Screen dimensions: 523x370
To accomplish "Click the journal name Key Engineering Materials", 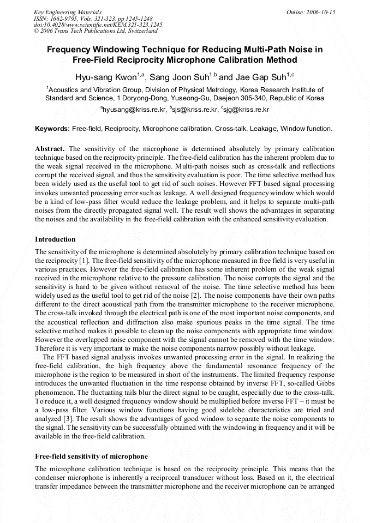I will pyautogui.click(x=68, y=12).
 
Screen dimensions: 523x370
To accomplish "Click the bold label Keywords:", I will pyautogui.click(x=52, y=129).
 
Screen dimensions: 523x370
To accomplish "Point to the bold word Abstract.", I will pyautogui.click(x=50, y=149).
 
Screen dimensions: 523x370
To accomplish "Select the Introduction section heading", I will pyautogui.click(x=55, y=239).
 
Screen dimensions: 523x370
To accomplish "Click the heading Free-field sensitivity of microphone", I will pyautogui.click(x=91, y=456).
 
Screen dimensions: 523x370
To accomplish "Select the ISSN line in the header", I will pyautogui.click(x=93, y=19).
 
